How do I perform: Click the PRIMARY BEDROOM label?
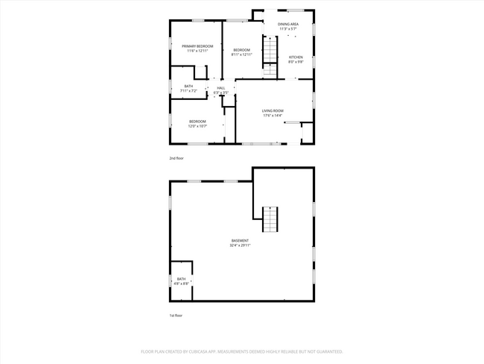coord(197,46)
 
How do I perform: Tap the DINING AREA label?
coord(288,25)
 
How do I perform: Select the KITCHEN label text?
coord(296,57)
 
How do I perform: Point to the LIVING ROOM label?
coord(273,111)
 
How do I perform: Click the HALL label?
coord(221,88)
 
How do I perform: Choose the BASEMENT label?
coord(240,240)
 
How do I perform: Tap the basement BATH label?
coord(182,279)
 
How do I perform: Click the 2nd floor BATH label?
coord(188,87)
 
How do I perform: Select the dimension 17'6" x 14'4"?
coord(273,116)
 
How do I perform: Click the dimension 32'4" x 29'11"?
coord(240,245)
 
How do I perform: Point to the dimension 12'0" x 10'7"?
coord(197,126)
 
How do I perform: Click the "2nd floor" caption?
coord(176,159)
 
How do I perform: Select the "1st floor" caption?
coord(176,316)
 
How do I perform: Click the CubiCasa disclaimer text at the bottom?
coord(242,351)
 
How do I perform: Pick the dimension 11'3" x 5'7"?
coord(288,29)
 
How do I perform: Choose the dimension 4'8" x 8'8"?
coord(182,283)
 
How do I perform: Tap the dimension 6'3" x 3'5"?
coord(221,92)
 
